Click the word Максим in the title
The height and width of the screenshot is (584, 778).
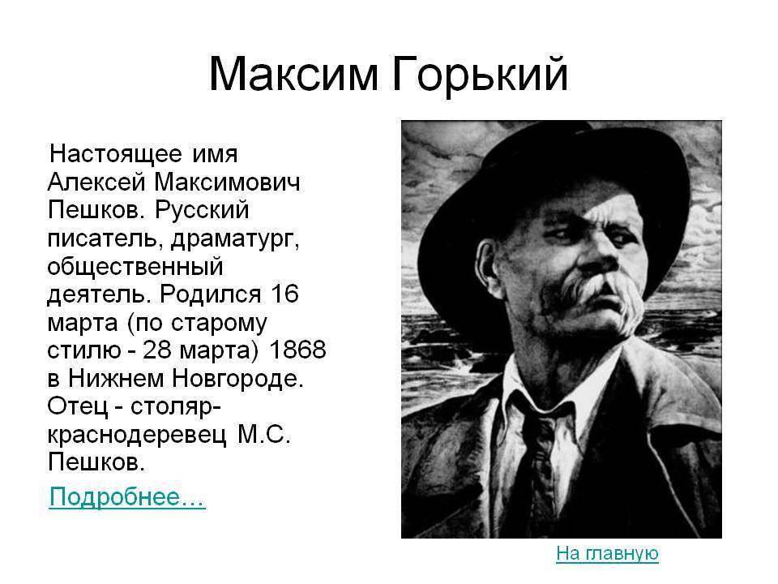click(293, 74)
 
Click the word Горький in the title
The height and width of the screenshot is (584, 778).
click(481, 75)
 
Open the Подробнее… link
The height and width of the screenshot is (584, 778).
click(127, 496)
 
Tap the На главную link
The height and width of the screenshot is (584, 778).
click(607, 552)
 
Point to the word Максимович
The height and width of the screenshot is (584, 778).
click(227, 182)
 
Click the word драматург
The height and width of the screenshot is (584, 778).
click(235, 239)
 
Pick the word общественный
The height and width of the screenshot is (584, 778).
click(135, 267)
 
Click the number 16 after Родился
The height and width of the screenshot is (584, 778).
click(284, 294)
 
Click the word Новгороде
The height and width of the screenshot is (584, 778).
click(237, 379)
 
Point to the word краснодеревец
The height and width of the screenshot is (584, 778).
click(137, 436)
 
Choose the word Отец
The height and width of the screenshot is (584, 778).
click(78, 406)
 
